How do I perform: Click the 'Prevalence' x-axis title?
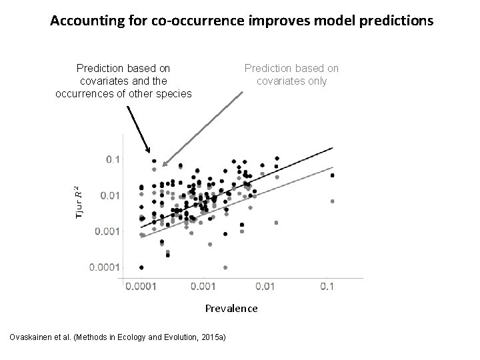pyautogui.click(x=231, y=308)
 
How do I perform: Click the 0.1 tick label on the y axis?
pyautogui.click(x=113, y=159)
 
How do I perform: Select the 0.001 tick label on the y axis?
pyautogui.click(x=108, y=231)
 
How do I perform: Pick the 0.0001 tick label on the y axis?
pyautogui.click(x=106, y=267)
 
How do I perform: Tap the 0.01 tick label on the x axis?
pyautogui.click(x=265, y=286)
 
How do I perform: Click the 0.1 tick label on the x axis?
pyautogui.click(x=327, y=286)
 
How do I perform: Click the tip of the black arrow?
pyautogui.click(x=150, y=155)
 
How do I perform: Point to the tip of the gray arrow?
pyautogui.click(x=161, y=165)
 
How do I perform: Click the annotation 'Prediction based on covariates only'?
pyautogui.click(x=291, y=74)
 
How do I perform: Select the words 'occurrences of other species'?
pyautogui.click(x=123, y=93)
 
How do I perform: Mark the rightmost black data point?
pyautogui.click(x=332, y=176)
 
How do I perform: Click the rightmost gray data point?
pyautogui.click(x=332, y=201)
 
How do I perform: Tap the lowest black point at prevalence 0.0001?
pyautogui.click(x=141, y=267)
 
